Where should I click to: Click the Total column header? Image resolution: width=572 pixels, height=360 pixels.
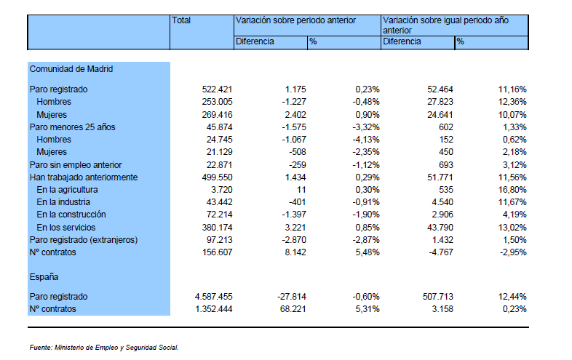[181, 20]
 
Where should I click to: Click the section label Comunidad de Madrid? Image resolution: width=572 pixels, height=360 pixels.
[71, 69]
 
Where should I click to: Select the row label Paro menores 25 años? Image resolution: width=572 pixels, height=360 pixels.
[72, 127]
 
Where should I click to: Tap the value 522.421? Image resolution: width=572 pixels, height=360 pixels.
[217, 89]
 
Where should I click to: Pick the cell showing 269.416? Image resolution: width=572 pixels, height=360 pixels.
[217, 115]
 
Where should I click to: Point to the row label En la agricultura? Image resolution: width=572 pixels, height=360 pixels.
[67, 190]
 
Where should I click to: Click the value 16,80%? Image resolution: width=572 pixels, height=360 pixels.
[512, 190]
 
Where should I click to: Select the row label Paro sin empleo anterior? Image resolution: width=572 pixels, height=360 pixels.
[76, 165]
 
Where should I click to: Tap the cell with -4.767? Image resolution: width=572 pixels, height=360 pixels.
[441, 252]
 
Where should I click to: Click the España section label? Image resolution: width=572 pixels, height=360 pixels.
[44, 277]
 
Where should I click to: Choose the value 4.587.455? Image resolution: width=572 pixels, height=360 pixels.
[213, 297]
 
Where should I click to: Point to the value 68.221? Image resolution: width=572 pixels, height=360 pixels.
[293, 309]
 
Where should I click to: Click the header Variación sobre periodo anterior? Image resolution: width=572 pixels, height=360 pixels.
[295, 20]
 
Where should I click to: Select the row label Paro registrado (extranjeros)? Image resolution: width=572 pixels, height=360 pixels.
[84, 240]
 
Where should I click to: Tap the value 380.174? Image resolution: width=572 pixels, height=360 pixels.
[217, 228]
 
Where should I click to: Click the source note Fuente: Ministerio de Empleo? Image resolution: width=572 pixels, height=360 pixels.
[104, 348]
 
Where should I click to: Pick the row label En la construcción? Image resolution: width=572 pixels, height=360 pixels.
[71, 215]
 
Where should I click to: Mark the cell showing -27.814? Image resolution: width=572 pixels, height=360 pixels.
[292, 297]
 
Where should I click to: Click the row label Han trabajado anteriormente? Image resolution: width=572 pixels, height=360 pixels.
[84, 177]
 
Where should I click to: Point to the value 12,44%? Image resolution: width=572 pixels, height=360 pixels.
[512, 297]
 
